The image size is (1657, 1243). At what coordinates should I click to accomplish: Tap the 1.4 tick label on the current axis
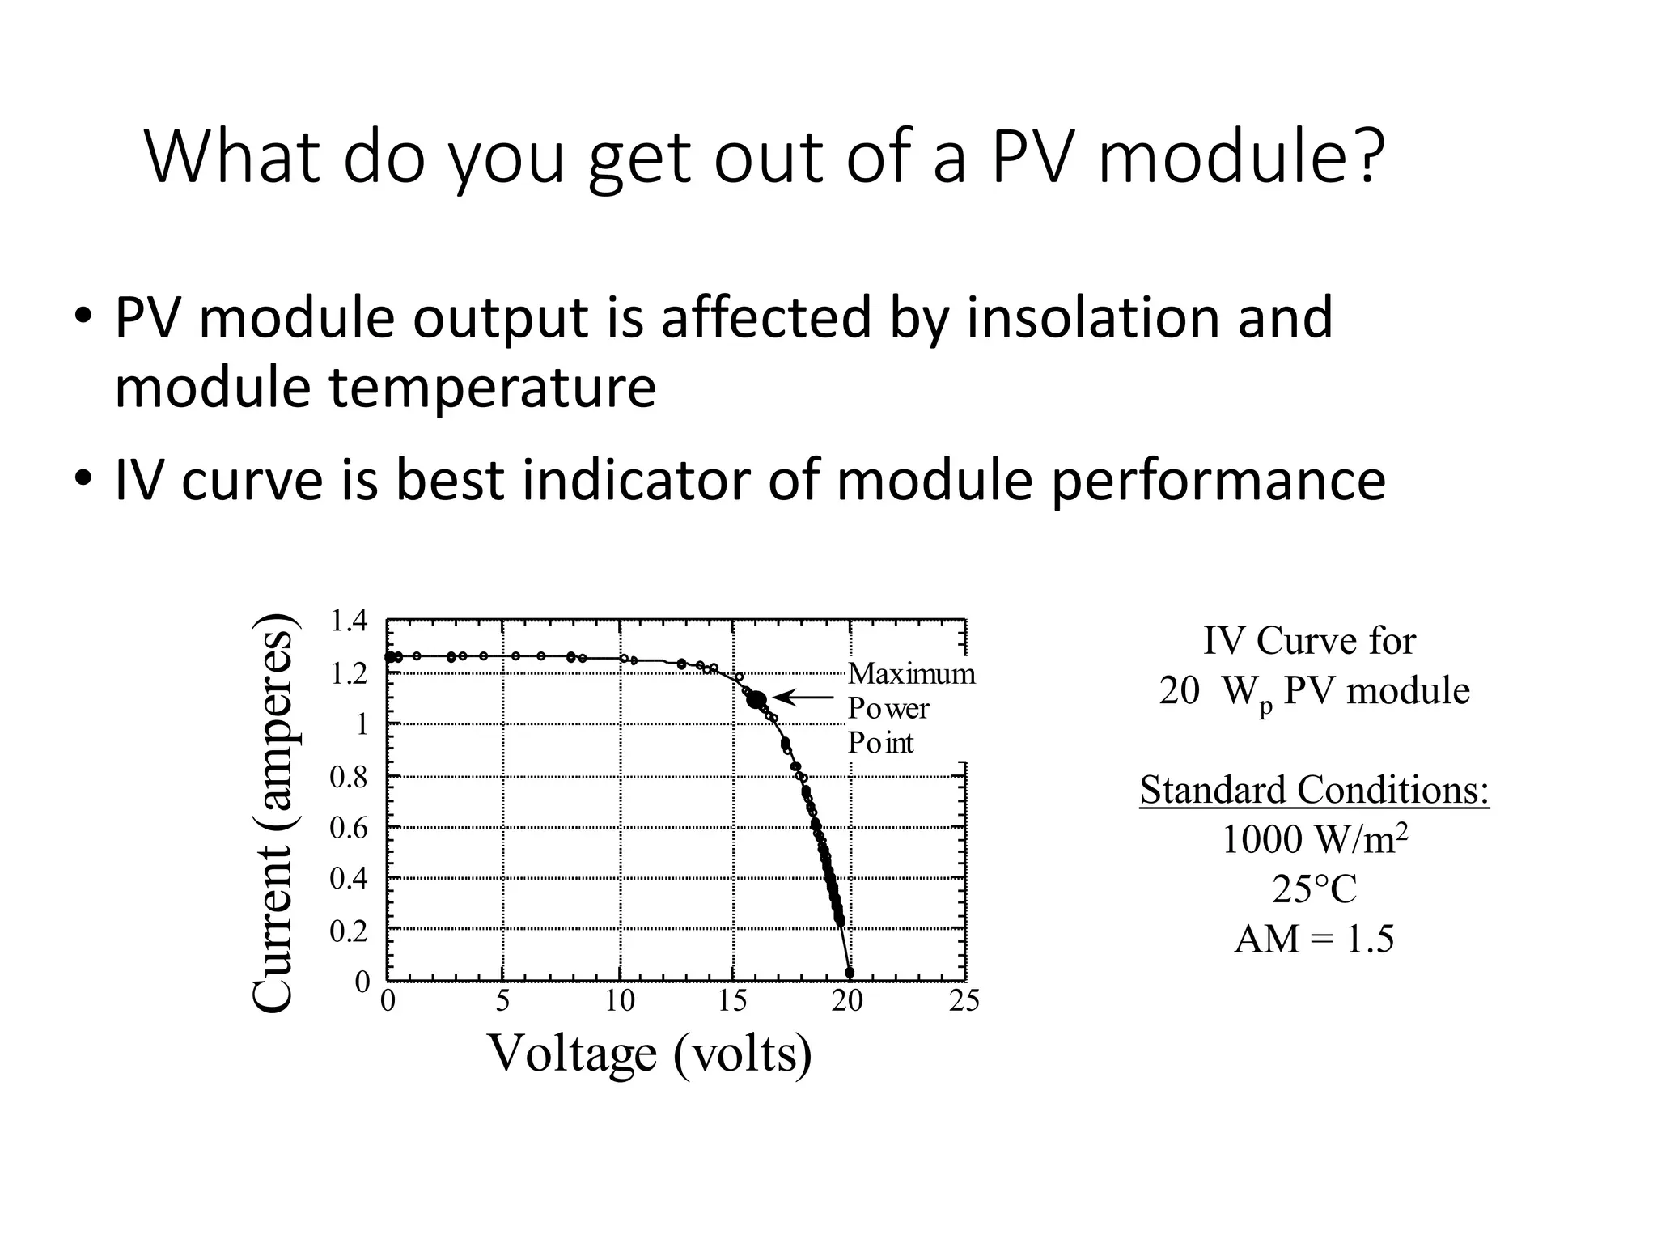[349, 621]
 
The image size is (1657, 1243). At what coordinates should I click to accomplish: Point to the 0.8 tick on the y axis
[349, 778]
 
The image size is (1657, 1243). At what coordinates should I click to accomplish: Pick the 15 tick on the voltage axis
[732, 1002]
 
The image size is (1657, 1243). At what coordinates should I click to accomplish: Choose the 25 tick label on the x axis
[964, 1002]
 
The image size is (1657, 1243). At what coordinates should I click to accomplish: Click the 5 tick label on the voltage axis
[502, 1002]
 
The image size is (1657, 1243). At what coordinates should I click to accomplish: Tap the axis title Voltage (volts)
[650, 1053]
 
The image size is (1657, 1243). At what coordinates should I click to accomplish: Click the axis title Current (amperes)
[273, 812]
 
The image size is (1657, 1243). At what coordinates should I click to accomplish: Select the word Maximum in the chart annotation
[911, 674]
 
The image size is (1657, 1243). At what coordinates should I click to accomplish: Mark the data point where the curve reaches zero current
[850, 973]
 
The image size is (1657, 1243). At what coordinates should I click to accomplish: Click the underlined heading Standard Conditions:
[1314, 790]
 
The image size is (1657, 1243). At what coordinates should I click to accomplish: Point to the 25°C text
[1314, 889]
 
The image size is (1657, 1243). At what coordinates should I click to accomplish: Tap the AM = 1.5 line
[1314, 940]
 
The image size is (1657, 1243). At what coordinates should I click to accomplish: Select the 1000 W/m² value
[1314, 839]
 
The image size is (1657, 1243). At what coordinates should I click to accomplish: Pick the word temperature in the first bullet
[492, 387]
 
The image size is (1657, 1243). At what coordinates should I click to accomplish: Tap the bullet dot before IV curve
[83, 479]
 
